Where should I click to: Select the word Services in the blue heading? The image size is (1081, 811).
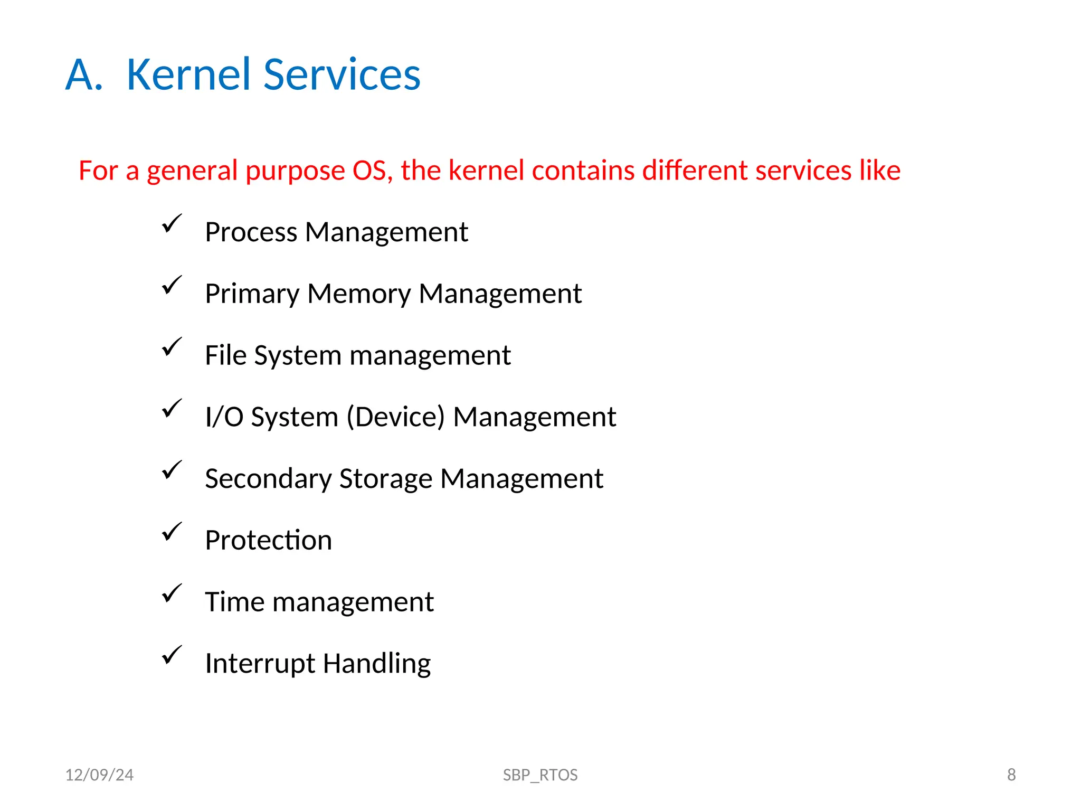coord(342,74)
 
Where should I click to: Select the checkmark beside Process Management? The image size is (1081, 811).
coord(172,223)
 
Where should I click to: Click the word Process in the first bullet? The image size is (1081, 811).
coord(251,233)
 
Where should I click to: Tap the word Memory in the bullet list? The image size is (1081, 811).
coord(359,294)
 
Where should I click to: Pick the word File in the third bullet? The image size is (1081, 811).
coord(225,355)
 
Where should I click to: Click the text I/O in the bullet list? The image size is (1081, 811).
coord(224,417)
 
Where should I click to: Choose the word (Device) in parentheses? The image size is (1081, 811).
coord(396,417)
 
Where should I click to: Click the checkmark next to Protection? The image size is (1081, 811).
coord(172,532)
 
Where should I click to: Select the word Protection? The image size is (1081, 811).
coord(268,541)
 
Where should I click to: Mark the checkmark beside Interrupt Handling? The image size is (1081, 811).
coord(172,655)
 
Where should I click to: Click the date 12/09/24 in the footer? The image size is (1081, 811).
coord(99,775)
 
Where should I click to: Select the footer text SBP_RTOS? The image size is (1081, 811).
coord(540,775)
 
